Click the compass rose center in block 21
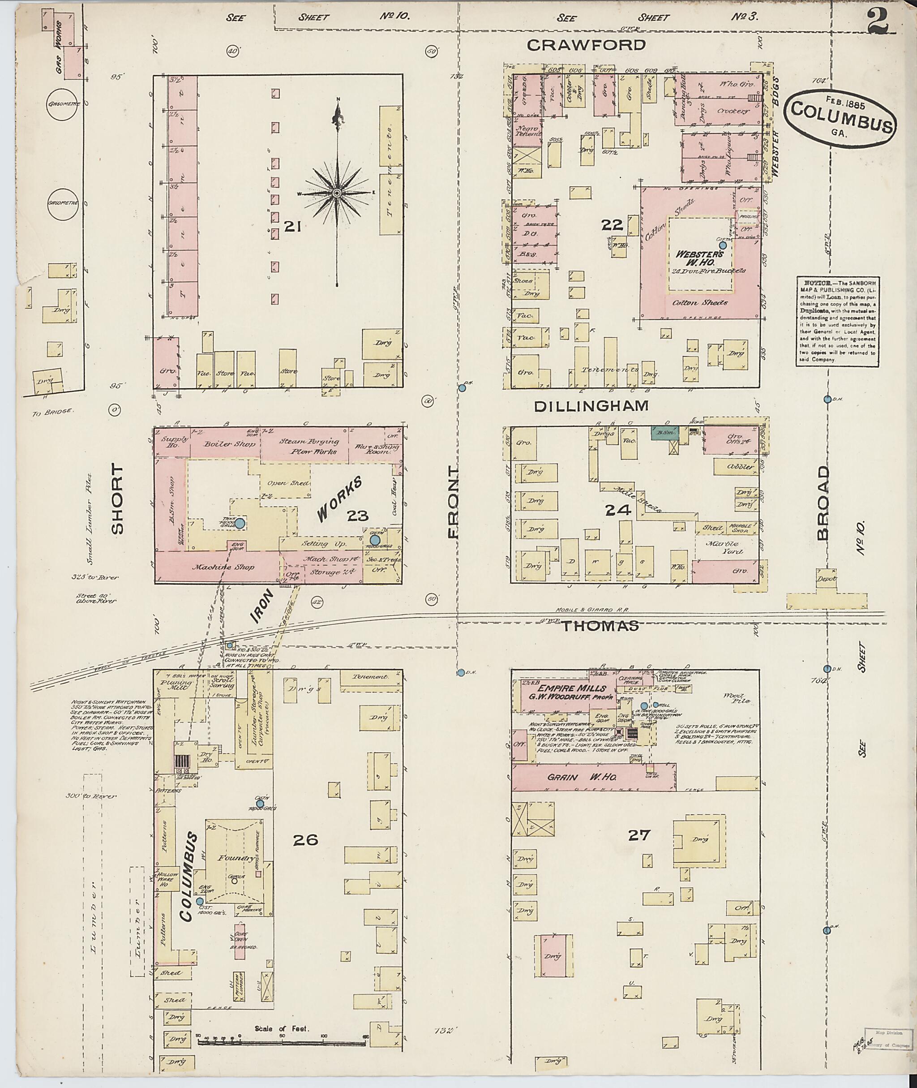pos(337,193)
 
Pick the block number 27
pos(639,835)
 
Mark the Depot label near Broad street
pos(826,579)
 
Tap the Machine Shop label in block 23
pos(216,568)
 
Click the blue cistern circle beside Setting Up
pos(375,540)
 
